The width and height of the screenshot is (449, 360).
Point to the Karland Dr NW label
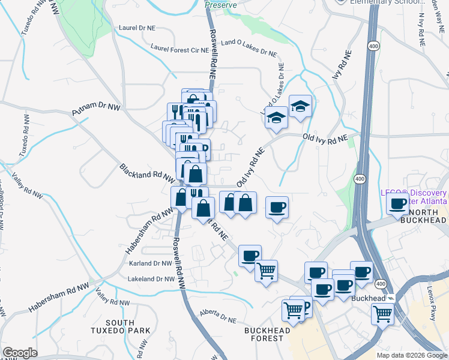pos(150,263)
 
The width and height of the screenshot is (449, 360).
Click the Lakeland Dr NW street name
pos(150,279)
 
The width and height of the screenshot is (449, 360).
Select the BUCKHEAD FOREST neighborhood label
pos(268,334)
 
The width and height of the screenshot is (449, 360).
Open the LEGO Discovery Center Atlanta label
pos(414,197)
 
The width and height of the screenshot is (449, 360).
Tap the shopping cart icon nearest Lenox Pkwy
pos(382,313)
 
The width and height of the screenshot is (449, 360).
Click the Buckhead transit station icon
pos(391,298)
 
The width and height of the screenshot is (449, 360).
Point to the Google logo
pos(20,353)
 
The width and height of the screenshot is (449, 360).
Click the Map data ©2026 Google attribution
pos(411,355)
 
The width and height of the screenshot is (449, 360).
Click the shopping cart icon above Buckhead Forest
pos(294,310)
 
